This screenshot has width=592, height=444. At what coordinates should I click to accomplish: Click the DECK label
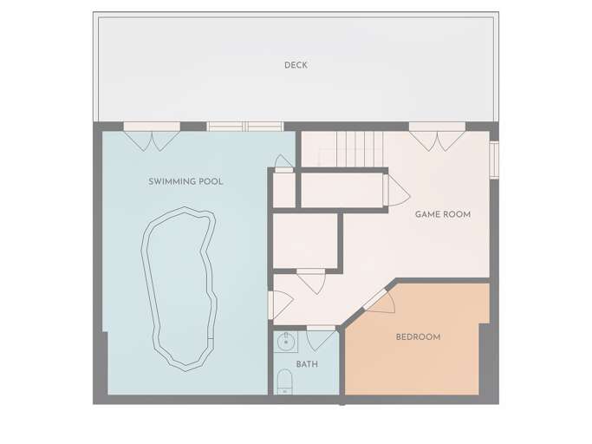pyautogui.click(x=296, y=65)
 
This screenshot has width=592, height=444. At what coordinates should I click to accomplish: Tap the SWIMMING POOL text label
pyautogui.click(x=185, y=181)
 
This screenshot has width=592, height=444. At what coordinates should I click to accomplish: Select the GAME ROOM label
pyautogui.click(x=442, y=214)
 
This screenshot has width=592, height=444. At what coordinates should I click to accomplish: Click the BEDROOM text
pyautogui.click(x=418, y=336)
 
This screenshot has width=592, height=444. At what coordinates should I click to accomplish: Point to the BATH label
pyautogui.click(x=306, y=364)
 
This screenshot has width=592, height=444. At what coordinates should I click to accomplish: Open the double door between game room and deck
pyautogui.click(x=437, y=136)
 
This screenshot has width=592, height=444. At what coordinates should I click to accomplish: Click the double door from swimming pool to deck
pyautogui.click(x=152, y=135)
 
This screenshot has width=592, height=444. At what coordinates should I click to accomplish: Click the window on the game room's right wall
pyautogui.click(x=493, y=159)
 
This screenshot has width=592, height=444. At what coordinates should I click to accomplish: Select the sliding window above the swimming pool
pyautogui.click(x=244, y=127)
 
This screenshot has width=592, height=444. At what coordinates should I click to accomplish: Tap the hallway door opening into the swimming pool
pyautogui.click(x=275, y=304)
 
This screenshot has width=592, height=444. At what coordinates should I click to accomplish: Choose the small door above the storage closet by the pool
pyautogui.click(x=283, y=163)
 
